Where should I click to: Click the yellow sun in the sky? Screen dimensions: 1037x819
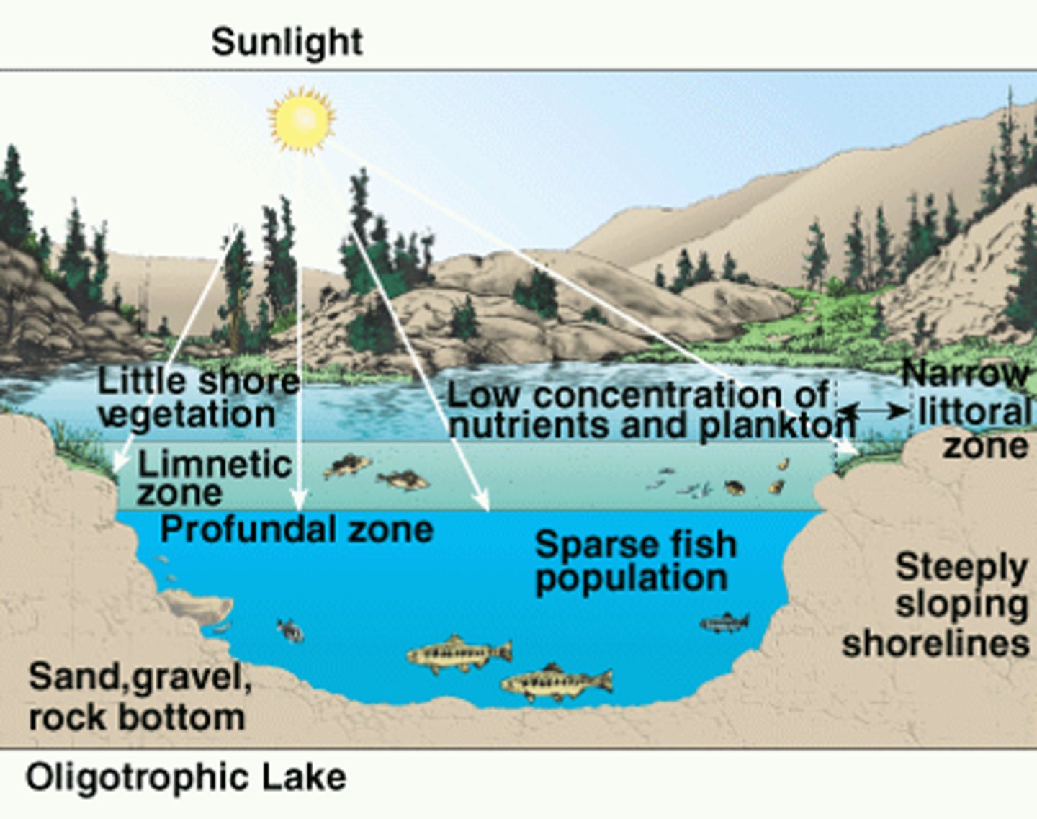[302, 119]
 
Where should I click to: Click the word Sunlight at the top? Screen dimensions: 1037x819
[287, 42]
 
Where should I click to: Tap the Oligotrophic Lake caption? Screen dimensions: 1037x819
[186, 778]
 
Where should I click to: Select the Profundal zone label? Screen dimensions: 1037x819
[296, 529]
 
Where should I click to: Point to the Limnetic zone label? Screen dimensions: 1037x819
[214, 478]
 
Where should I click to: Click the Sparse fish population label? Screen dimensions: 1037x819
[635, 561]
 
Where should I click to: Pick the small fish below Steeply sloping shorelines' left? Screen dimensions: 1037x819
[724, 622]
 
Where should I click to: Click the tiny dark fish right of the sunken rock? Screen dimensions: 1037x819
[290, 630]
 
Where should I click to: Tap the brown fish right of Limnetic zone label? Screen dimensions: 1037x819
[347, 466]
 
